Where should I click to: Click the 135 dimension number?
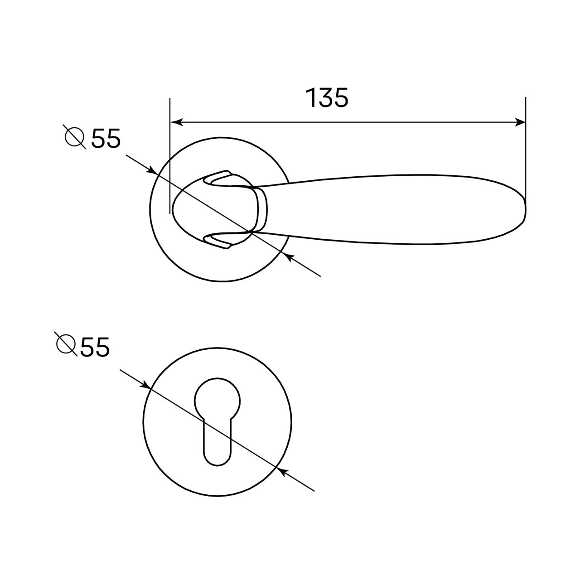point(327,97)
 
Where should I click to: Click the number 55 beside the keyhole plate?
point(95,347)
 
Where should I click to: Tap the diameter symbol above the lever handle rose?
point(74,137)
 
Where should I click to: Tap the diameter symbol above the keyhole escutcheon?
point(66,344)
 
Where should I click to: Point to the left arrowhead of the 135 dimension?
point(177,122)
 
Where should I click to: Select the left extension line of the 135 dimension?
point(170,156)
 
